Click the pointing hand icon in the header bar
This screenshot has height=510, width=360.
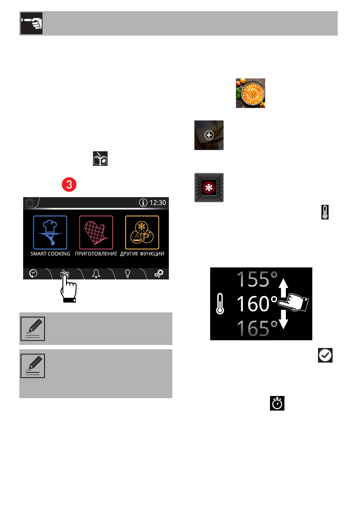(31, 24)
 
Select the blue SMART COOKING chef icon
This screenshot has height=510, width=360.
(50, 232)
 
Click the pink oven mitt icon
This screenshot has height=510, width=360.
(96, 232)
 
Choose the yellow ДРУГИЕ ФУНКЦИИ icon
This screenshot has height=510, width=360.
(142, 232)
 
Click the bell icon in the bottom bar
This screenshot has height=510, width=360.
(96, 274)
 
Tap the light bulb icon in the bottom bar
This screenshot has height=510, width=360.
(127, 274)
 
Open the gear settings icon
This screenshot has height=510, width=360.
(159, 274)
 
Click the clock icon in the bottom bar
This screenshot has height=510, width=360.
(33, 274)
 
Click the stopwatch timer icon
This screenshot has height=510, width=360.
(277, 404)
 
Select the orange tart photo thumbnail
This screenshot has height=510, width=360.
(250, 93)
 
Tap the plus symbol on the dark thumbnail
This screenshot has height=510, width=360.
(209, 135)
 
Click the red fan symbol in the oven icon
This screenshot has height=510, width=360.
(209, 188)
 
